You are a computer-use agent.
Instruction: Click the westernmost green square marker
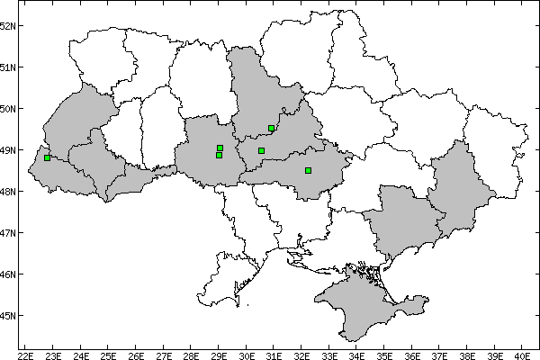pyautogui.click(x=47, y=158)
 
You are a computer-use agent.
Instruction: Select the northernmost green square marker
pyautogui.click(x=271, y=128)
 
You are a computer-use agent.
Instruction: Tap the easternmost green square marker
pyautogui.click(x=308, y=170)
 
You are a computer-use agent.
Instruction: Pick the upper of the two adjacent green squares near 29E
pyautogui.click(x=220, y=148)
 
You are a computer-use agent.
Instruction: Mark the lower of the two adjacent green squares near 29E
pyautogui.click(x=219, y=155)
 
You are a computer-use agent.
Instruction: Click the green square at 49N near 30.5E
pyautogui.click(x=261, y=150)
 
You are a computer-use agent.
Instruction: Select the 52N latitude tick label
pyautogui.click(x=8, y=25)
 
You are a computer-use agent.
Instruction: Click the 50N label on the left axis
pyautogui.click(x=8, y=108)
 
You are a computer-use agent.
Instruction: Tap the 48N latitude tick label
pyautogui.click(x=8, y=191)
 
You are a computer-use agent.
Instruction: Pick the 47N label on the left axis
pyautogui.click(x=8, y=232)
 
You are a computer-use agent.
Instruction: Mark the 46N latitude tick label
pyautogui.click(x=8, y=274)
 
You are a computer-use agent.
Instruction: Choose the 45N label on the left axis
pyautogui.click(x=8, y=315)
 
